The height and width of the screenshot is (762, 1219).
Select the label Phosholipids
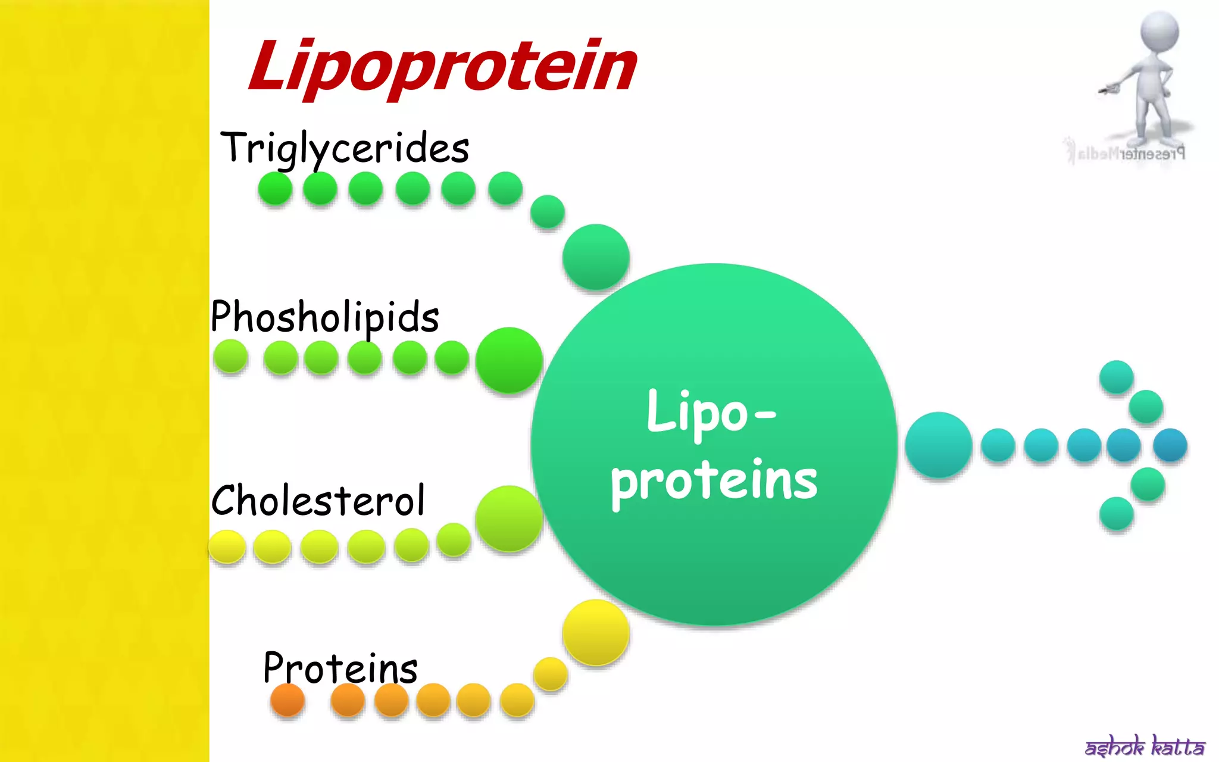(x=325, y=317)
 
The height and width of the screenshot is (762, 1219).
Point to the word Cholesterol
(x=318, y=500)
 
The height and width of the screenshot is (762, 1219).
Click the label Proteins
(x=340, y=668)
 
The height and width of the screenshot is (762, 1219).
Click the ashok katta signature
(x=1145, y=746)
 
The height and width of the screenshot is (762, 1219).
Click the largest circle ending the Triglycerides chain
(x=596, y=257)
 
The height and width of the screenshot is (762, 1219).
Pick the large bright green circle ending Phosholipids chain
(x=509, y=360)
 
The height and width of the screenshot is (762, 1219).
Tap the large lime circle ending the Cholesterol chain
(x=509, y=519)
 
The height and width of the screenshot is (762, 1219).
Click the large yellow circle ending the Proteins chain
(x=596, y=632)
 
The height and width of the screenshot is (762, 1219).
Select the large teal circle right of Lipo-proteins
(x=939, y=445)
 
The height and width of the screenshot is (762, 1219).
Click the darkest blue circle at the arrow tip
(x=1170, y=445)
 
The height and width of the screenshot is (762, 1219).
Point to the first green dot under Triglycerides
(x=275, y=189)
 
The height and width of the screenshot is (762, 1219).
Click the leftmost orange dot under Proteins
(x=287, y=700)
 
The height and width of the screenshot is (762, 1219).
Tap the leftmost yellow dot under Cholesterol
(x=227, y=546)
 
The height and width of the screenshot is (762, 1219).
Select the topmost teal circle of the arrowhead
(x=1116, y=377)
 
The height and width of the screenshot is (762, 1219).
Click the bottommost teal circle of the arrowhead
(x=1116, y=513)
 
